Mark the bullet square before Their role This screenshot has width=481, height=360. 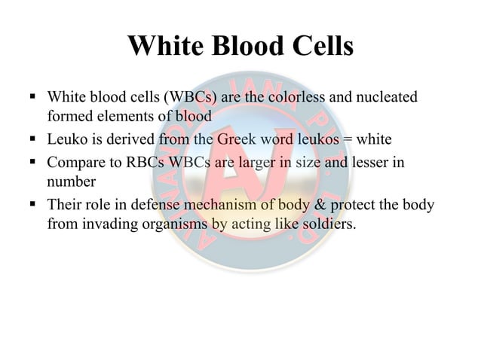pyautogui.click(x=34, y=204)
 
